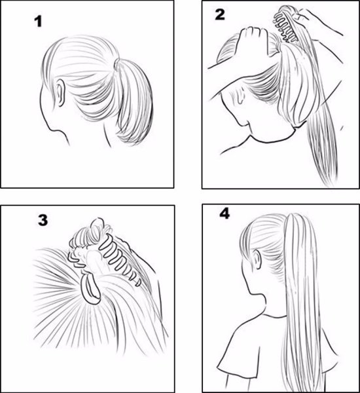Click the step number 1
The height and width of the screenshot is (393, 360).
[x=39, y=22]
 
